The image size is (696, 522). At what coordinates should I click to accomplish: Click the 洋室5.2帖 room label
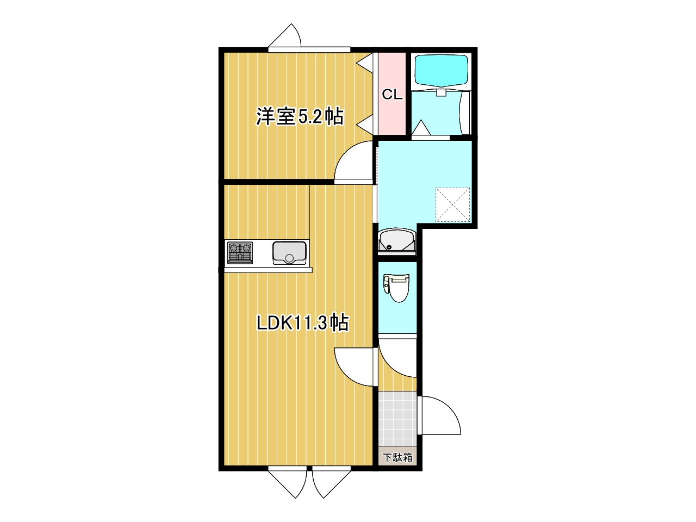pos(300,116)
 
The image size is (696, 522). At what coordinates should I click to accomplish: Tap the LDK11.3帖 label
pos(302,324)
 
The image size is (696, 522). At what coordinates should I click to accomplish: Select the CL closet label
pos(392,94)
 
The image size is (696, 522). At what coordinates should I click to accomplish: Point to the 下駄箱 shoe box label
pos(397,457)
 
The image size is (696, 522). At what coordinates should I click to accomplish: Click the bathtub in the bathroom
pos(442,71)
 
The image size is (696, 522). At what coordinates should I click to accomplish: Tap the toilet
pos(397,288)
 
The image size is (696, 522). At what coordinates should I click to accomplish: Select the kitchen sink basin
pos(289,253)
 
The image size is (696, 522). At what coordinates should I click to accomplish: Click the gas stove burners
pos(240,253)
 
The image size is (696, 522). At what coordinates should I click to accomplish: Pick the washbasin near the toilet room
pos(397,241)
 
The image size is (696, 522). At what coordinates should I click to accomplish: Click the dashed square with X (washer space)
pos(452,205)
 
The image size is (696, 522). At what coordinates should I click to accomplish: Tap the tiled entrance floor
pos(397,419)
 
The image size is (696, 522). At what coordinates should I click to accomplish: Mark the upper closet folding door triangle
pos(365,64)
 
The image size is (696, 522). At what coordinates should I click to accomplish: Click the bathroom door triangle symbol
pos(421,128)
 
